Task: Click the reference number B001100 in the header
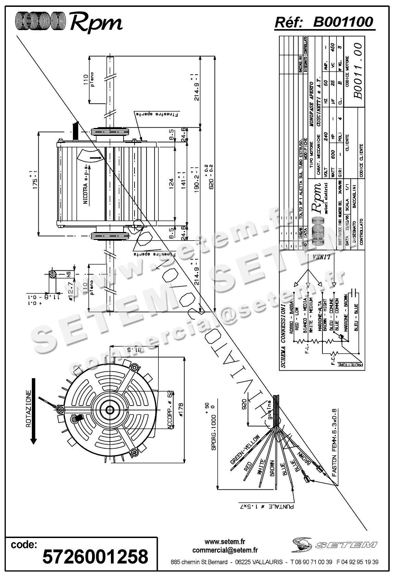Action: (343, 22)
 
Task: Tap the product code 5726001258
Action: (95, 556)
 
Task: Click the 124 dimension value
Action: (170, 180)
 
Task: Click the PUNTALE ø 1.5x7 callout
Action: (266, 506)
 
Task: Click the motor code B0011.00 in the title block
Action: (357, 71)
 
